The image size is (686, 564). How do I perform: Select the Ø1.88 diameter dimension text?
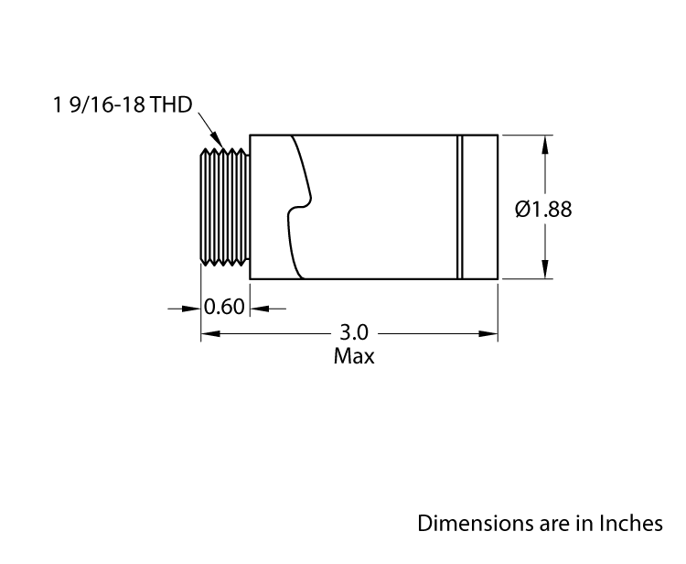[x=543, y=209]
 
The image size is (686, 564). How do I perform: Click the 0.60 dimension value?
[x=225, y=307]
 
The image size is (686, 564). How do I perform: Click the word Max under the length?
[x=354, y=356]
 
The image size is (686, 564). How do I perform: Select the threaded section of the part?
[x=225, y=208]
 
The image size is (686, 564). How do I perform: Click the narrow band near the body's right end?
[x=461, y=207]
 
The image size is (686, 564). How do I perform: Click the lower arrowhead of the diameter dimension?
[x=546, y=270]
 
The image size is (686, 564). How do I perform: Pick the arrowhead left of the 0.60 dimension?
[x=193, y=309]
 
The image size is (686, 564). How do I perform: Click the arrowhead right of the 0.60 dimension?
[x=258, y=309]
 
